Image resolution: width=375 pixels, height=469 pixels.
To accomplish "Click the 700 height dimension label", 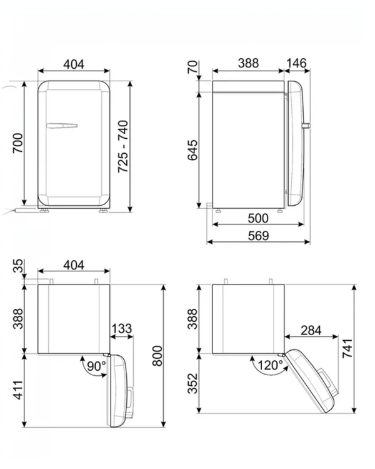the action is click(18, 143).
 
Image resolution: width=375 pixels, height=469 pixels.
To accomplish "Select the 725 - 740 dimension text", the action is click(123, 146).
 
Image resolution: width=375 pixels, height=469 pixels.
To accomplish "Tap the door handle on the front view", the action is click(62, 126).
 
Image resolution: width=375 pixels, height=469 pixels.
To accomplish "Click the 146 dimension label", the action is click(297, 63).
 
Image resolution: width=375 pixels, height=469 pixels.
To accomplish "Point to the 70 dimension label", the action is click(193, 67).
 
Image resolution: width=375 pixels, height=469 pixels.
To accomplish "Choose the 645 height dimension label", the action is click(193, 150).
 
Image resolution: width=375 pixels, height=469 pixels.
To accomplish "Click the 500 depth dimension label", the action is click(258, 218).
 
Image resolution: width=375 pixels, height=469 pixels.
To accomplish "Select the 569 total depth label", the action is click(258, 236).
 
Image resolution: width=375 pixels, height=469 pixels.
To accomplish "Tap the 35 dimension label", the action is click(18, 266).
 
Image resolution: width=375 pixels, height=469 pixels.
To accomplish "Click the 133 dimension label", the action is click(122, 328).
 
